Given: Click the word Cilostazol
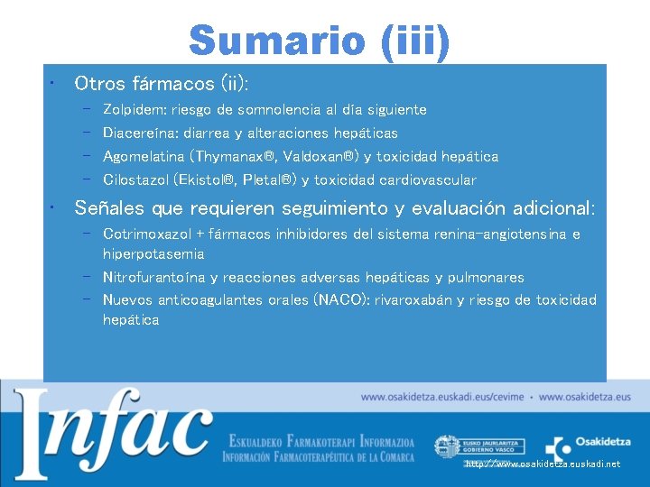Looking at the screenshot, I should pos(135,179).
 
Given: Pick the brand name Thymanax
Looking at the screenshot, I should pos(244,156).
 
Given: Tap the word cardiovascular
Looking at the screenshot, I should pos(428,179).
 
